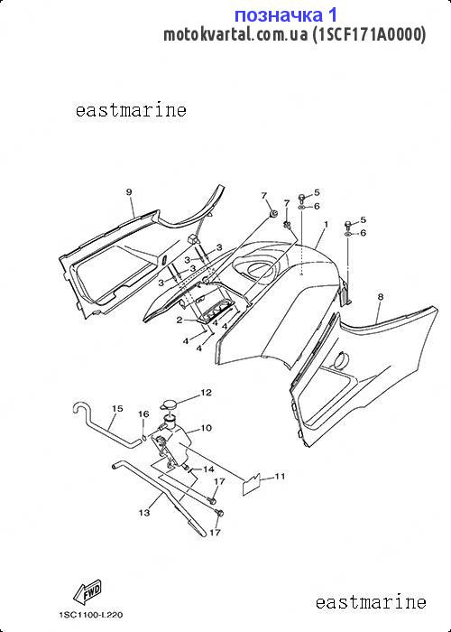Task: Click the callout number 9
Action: point(129,192)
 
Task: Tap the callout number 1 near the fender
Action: point(326,224)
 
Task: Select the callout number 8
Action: point(380,297)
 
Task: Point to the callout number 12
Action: point(207,393)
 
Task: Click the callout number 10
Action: point(206,428)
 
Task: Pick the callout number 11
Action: point(280,477)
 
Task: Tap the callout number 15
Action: point(117,409)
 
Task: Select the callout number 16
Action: point(143,414)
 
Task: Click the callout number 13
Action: point(144,513)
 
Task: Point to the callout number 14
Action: point(208,469)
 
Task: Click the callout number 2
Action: point(180,321)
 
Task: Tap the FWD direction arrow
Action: point(87,592)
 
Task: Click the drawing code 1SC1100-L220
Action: point(90,615)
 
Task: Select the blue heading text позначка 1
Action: point(286,15)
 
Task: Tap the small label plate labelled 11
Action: point(252,484)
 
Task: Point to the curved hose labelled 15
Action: point(106,427)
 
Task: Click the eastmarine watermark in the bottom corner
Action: point(371,602)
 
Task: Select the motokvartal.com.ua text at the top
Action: point(236,34)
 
